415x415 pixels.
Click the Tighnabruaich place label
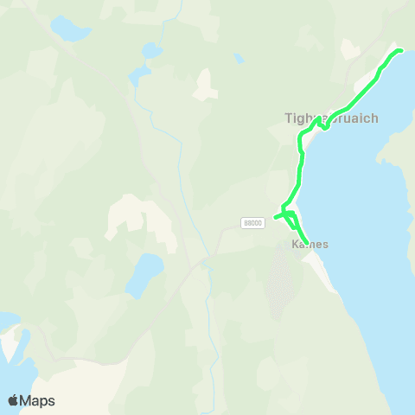click(331, 118)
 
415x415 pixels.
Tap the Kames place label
click(310, 244)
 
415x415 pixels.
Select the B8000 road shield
click(252, 222)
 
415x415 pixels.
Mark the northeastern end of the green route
click(400, 51)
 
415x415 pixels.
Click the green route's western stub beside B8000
click(277, 216)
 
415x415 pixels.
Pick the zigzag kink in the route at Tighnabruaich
click(322, 124)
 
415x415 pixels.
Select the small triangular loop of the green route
click(290, 214)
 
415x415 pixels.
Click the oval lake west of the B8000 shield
click(144, 275)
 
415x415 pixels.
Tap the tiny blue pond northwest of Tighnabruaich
click(239, 59)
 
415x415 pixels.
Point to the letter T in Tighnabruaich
click(289, 118)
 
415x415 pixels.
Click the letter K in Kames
click(295, 244)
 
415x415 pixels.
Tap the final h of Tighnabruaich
click(374, 118)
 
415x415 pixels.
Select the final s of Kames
click(325, 244)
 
